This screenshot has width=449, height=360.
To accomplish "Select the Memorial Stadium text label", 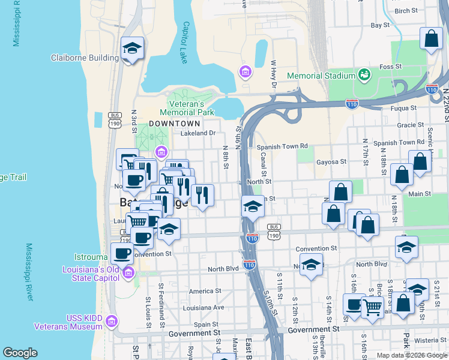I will pyautogui.click(x=321, y=76).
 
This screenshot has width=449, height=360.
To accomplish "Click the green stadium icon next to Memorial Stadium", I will pyautogui.click(x=364, y=75).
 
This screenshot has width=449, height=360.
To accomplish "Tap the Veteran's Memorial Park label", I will pyautogui.click(x=187, y=108).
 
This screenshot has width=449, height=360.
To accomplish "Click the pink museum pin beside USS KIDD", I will pyautogui.click(x=110, y=322).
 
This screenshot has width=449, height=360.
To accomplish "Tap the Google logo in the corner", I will pyautogui.click(x=20, y=353).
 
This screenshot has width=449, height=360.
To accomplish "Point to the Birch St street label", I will pyautogui.click(x=406, y=11).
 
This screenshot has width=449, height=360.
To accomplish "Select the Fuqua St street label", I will pyautogui.click(x=403, y=109).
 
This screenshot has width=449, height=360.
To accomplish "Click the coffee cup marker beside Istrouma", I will pyautogui.click(x=122, y=253).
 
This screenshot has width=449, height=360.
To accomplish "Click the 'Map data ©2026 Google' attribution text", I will pyautogui.click(x=411, y=355).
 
